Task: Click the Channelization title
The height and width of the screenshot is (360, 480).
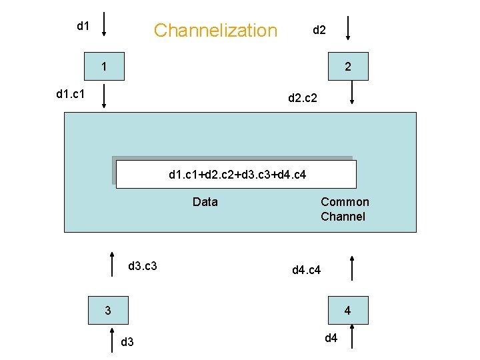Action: [215, 30]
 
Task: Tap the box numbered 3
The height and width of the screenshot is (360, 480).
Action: [109, 311]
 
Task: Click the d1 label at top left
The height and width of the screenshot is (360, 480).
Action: [83, 26]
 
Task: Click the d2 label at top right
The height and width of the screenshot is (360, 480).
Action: [319, 30]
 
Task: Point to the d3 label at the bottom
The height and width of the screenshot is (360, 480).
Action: [127, 343]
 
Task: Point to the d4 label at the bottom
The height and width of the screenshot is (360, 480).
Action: [331, 338]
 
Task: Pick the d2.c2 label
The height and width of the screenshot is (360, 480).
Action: [307, 99]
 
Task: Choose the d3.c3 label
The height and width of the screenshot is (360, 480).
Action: [142, 266]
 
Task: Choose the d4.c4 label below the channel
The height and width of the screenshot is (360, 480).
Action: [307, 270]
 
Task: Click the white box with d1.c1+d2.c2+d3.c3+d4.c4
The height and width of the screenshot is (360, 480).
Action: [236, 175]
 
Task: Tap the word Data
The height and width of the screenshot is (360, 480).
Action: [205, 202]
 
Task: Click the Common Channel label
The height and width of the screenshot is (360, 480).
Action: [344, 209]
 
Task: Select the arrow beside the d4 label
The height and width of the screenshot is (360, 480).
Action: [351, 337]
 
